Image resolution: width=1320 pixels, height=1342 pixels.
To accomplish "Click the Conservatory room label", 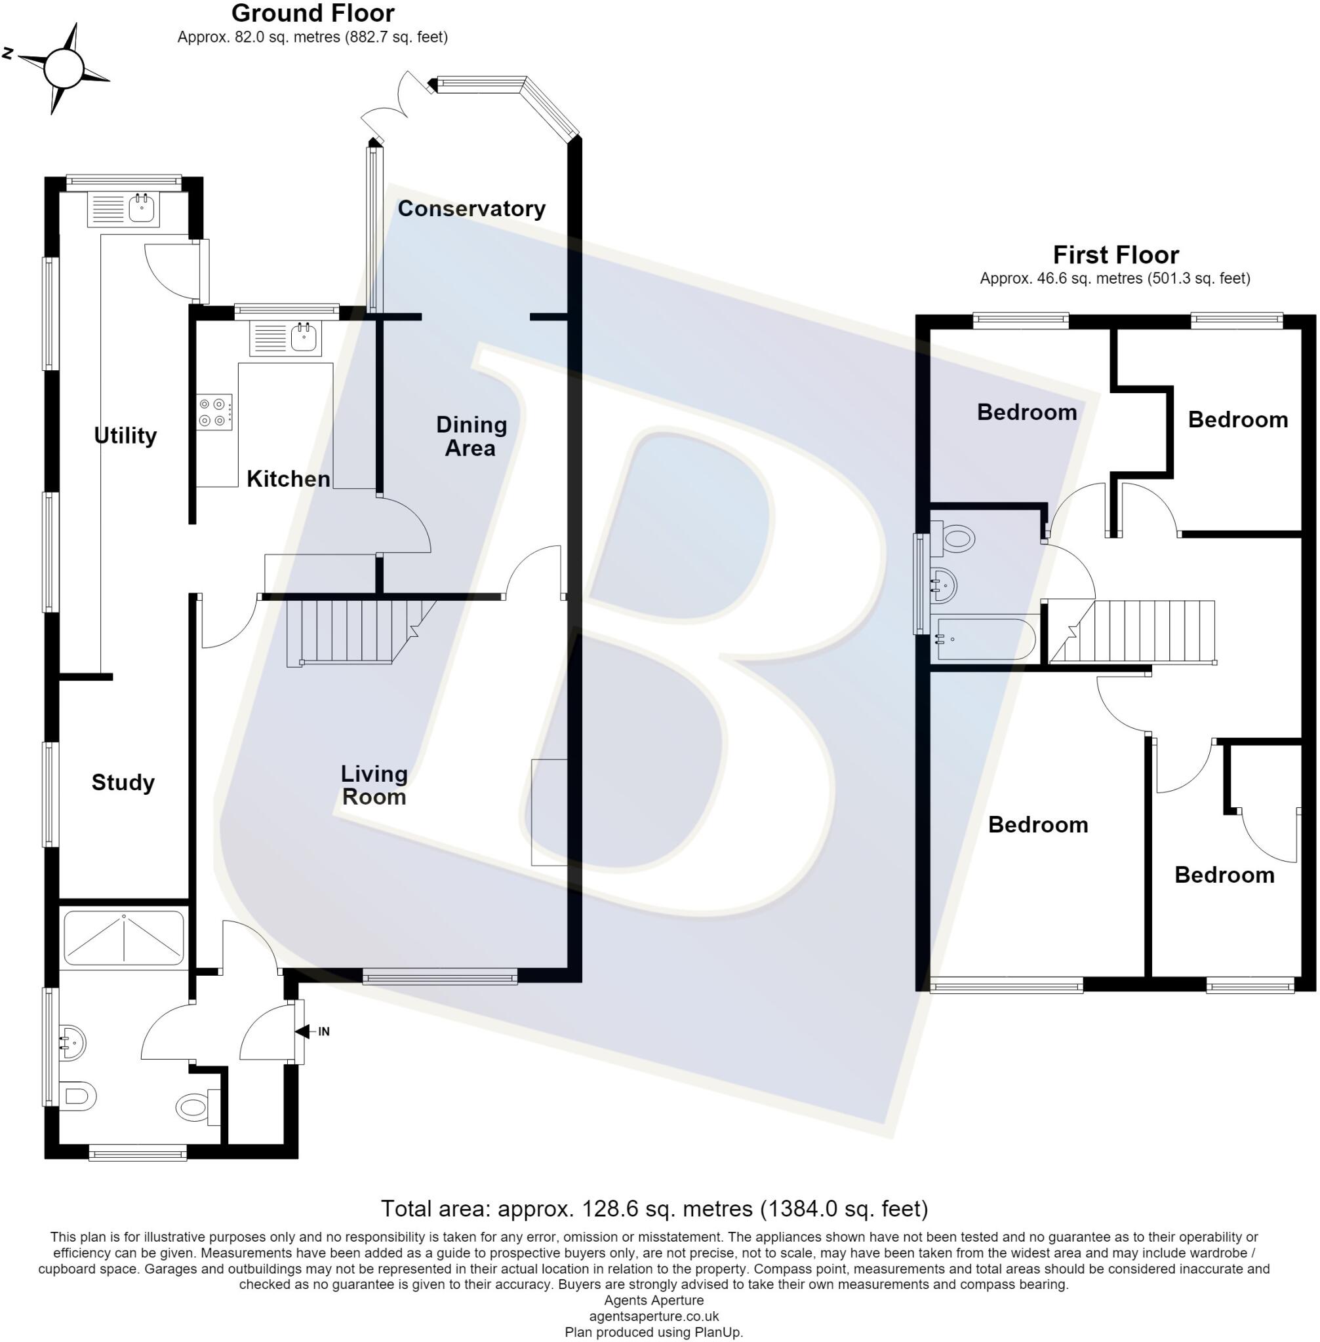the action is tap(471, 208).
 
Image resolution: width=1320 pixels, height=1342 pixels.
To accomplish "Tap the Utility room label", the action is tap(125, 436).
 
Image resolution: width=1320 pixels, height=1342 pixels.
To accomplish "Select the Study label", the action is tap(123, 783).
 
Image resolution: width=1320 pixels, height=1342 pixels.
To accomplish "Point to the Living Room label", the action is tap(374, 785).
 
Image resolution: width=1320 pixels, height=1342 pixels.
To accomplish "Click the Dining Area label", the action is tap(471, 436).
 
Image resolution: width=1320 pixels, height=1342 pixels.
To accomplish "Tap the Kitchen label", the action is tap(289, 479).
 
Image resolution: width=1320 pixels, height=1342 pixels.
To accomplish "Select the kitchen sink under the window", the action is tap(285, 339).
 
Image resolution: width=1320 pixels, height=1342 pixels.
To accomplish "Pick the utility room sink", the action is tap(123, 209).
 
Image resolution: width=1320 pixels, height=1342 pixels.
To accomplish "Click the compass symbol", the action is tap(63, 68).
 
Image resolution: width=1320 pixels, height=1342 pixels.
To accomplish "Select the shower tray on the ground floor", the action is tap(124, 938).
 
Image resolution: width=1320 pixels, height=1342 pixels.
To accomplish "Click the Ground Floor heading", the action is tap(313, 13).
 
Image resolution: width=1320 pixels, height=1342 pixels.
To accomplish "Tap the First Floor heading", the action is tap(1116, 255).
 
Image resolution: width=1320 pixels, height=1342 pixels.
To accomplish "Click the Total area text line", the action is tap(654, 1209).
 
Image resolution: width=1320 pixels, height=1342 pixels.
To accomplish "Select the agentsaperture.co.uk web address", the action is tap(654, 1316).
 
